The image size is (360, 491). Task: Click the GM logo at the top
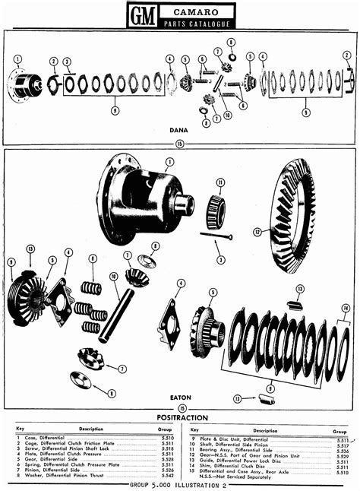[143, 15]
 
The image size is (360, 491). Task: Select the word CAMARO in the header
[197, 11]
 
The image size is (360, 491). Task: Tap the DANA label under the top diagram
[179, 130]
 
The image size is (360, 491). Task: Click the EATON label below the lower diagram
[179, 398]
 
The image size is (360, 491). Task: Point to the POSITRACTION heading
[179, 417]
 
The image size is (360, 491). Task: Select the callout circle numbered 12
[257, 231]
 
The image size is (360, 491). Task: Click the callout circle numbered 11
[219, 182]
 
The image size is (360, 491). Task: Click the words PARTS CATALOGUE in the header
[197, 24]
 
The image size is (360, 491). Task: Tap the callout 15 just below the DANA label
[179, 142]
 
